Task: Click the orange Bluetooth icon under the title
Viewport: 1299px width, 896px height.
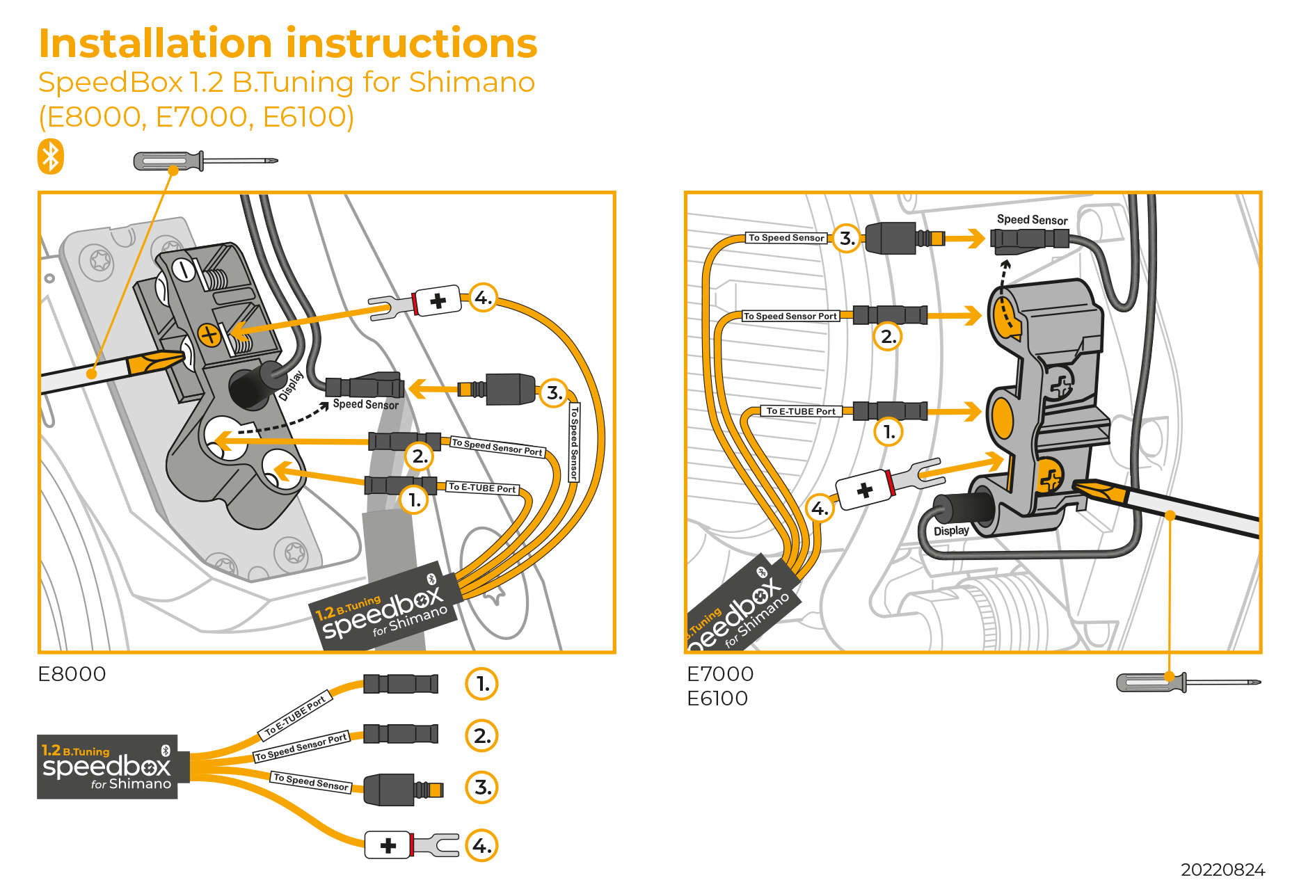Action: (51, 157)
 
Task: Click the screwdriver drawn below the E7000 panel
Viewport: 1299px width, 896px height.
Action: (1186, 682)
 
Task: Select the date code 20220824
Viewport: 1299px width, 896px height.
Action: (1222, 870)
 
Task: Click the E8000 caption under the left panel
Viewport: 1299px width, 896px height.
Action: (72, 674)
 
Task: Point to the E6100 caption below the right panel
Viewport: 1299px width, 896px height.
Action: (717, 698)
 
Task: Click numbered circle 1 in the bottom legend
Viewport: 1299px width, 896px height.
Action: (481, 684)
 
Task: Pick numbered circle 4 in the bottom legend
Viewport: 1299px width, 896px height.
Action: (481, 845)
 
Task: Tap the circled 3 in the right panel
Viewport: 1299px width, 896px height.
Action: (846, 239)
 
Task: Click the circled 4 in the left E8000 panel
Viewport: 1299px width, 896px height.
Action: (483, 298)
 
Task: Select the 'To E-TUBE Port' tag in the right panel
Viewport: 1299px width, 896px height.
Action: (801, 411)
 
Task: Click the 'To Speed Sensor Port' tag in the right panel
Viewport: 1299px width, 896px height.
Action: (790, 316)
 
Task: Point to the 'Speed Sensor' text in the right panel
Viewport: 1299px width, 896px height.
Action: (1032, 220)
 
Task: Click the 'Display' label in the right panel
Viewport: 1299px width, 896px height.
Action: (951, 531)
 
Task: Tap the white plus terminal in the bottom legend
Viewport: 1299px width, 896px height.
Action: (388, 845)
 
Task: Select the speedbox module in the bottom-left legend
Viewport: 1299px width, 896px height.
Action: (107, 767)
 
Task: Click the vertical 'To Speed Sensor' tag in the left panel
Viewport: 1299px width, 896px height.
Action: (574, 442)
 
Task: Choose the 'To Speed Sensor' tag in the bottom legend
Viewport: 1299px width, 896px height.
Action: (311, 782)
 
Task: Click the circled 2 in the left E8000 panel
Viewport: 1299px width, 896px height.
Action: (419, 456)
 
